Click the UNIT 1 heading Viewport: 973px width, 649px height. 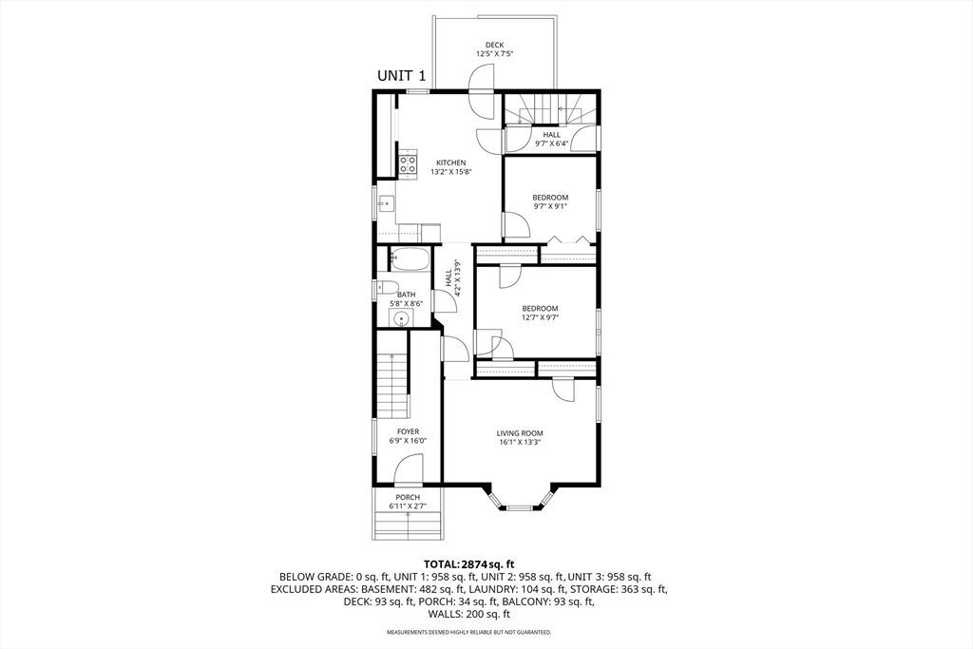click(x=402, y=76)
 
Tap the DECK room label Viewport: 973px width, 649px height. click(x=494, y=45)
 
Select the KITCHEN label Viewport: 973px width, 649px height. click(x=450, y=162)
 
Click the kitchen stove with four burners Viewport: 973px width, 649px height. click(x=407, y=164)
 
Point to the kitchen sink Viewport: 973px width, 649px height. click(x=385, y=203)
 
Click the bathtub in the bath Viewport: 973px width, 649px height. click(x=409, y=259)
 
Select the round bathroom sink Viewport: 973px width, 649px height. click(x=402, y=319)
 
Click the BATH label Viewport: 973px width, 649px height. click(x=407, y=295)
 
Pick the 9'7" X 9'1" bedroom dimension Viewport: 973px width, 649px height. click(x=550, y=206)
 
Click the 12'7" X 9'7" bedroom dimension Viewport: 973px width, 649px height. click(x=540, y=317)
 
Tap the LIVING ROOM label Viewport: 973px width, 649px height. click(x=520, y=433)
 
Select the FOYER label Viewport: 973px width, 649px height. click(x=409, y=431)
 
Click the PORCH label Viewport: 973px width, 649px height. click(x=408, y=498)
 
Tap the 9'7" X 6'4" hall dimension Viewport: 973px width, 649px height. click(x=552, y=143)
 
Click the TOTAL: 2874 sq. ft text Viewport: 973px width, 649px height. click(x=469, y=564)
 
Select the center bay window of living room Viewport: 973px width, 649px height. click(x=520, y=508)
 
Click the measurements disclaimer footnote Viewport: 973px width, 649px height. click(x=469, y=632)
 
